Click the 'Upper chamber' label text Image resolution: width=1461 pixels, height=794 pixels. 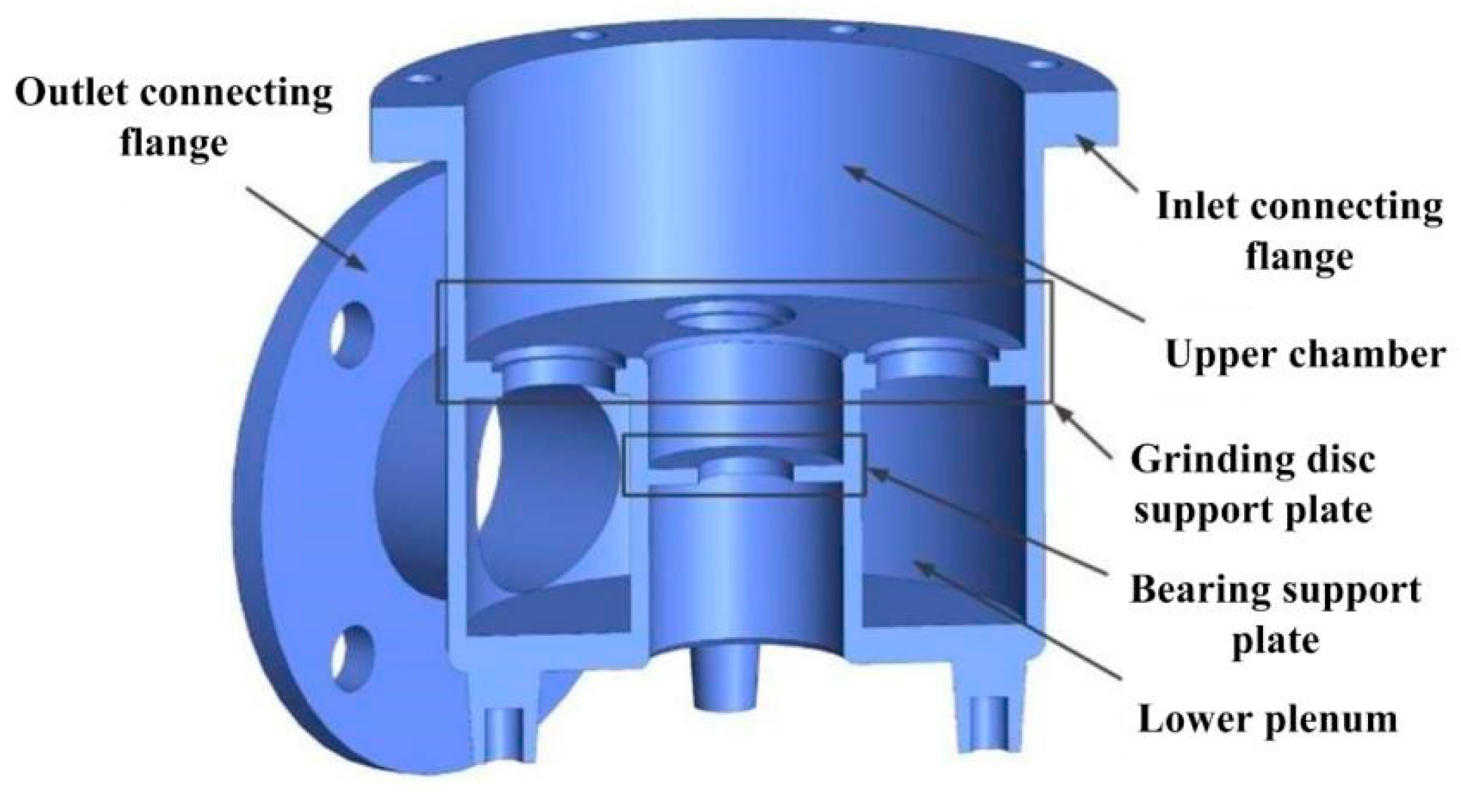point(1305,354)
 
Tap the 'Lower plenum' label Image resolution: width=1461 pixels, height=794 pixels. point(1267,719)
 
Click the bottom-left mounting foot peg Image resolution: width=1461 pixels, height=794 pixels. point(502,731)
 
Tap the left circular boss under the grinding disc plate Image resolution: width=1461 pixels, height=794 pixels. point(558,370)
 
